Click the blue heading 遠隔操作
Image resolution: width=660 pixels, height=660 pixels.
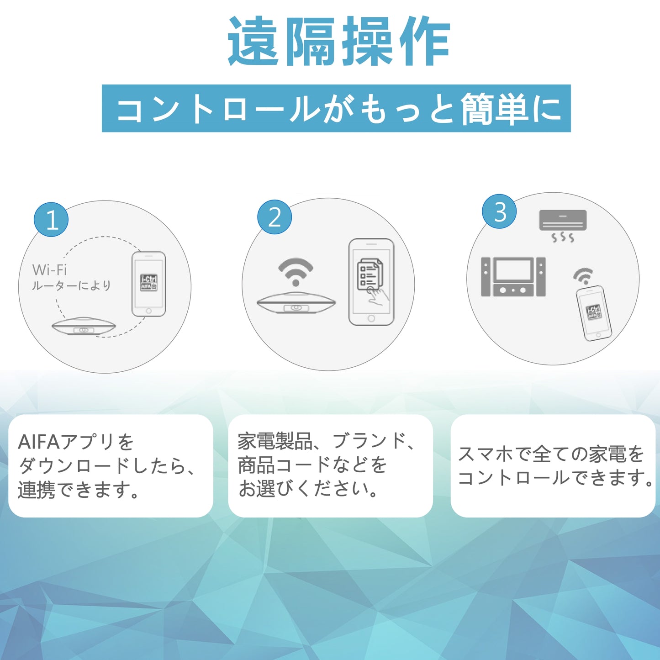(x=339, y=42)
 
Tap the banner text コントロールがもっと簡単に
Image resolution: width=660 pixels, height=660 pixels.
(x=337, y=109)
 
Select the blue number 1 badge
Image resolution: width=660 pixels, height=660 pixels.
(x=51, y=220)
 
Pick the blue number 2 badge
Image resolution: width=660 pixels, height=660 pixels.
(x=274, y=217)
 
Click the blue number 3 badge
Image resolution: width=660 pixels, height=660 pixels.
(x=500, y=211)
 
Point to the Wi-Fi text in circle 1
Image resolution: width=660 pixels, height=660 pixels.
(x=49, y=270)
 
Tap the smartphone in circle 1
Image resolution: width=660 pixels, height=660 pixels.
(x=148, y=284)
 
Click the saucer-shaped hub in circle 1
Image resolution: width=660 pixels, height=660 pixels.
(x=84, y=326)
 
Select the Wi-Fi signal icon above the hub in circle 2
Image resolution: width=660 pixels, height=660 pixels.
(x=296, y=271)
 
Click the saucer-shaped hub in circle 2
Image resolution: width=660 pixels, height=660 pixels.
(x=296, y=304)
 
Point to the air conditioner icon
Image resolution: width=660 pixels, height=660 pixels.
(x=563, y=220)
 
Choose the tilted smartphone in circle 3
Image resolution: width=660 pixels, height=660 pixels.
(x=594, y=313)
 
